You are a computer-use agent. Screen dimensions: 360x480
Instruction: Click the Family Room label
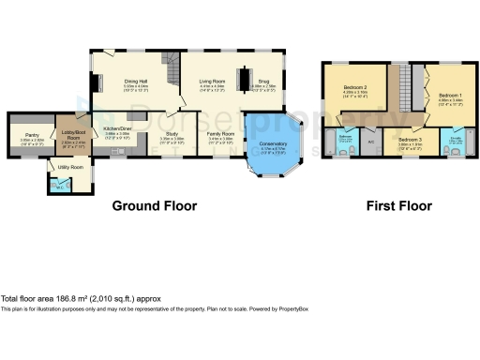220,135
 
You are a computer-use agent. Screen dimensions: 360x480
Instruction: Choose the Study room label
172,135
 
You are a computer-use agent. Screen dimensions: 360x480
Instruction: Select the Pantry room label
31,135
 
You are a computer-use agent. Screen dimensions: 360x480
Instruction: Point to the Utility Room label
71,167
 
